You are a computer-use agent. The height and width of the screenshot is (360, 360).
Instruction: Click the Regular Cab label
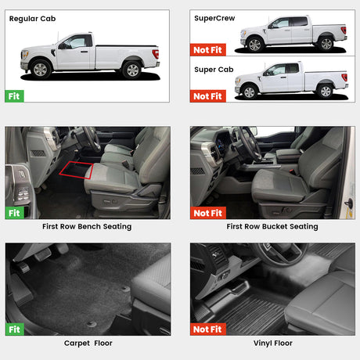[x=32, y=19]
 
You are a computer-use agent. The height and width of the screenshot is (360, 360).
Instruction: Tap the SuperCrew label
[x=214, y=18]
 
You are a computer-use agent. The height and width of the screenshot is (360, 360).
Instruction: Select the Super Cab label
[x=214, y=70]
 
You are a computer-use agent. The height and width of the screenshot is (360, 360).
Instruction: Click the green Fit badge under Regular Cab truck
[x=14, y=96]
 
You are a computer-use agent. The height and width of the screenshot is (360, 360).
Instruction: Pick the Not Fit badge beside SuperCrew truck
[x=208, y=49]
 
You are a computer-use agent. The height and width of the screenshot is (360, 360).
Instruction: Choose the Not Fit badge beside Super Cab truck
[x=208, y=96]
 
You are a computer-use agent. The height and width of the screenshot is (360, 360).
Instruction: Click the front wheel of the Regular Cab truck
[x=41, y=70]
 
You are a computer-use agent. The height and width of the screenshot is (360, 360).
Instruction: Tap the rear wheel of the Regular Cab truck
[x=132, y=70]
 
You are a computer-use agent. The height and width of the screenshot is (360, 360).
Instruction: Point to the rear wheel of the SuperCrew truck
[x=326, y=44]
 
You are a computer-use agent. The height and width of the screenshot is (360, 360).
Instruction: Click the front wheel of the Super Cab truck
[x=250, y=92]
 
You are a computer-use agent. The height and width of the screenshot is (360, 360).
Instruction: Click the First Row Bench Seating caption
[x=87, y=226]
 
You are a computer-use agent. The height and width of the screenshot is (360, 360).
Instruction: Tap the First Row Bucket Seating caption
[x=272, y=226]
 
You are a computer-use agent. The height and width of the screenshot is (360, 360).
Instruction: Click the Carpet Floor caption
[x=88, y=343]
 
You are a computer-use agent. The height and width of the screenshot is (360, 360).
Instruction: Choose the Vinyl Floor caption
[x=273, y=343]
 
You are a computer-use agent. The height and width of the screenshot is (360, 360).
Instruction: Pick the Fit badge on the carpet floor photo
[x=15, y=329]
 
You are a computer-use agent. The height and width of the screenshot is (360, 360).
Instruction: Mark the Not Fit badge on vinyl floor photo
[x=208, y=329]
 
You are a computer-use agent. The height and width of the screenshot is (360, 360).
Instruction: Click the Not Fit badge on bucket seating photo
[x=208, y=213]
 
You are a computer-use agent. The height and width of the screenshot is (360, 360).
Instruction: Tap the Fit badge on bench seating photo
[x=15, y=213]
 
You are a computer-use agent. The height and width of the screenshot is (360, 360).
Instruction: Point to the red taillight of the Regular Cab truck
[x=156, y=54]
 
